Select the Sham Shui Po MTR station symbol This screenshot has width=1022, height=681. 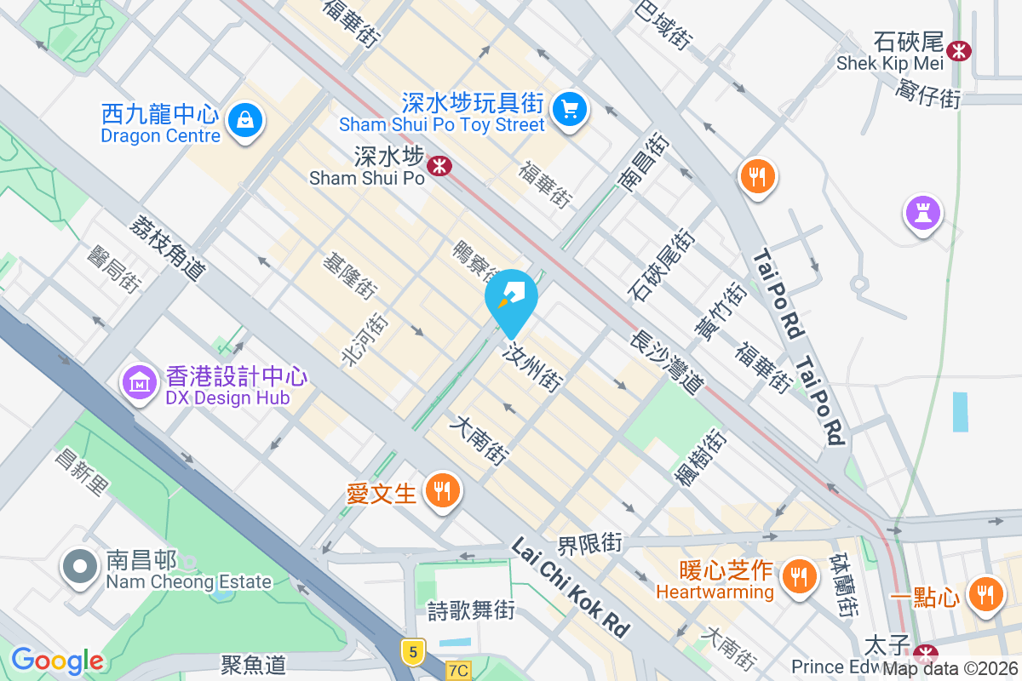[439, 165]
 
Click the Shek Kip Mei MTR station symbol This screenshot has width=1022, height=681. [960, 50]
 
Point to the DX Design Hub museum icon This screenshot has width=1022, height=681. [139, 381]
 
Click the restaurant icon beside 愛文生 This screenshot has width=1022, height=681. [442, 490]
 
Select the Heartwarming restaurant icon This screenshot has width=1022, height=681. [798, 576]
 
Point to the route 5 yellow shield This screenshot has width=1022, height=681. [413, 653]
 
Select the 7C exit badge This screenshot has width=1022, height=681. [457, 671]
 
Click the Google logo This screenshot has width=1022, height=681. [57, 661]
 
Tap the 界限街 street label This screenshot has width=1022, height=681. [589, 542]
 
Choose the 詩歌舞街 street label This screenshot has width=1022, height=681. [471, 609]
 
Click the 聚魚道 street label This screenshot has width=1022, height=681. [253, 664]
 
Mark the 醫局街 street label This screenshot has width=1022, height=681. [113, 267]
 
